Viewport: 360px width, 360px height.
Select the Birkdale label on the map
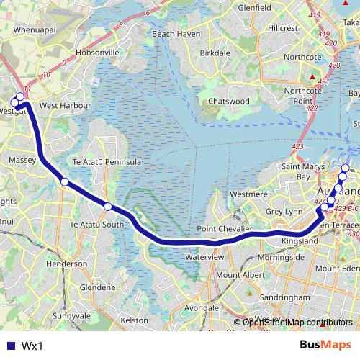(x=215, y=53)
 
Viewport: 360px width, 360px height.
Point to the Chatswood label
(x=228, y=102)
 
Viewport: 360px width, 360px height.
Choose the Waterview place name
(x=205, y=256)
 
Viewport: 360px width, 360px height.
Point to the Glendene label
(x=97, y=287)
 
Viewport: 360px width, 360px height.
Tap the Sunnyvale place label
(x=71, y=315)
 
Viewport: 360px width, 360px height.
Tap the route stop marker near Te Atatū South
(x=108, y=207)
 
